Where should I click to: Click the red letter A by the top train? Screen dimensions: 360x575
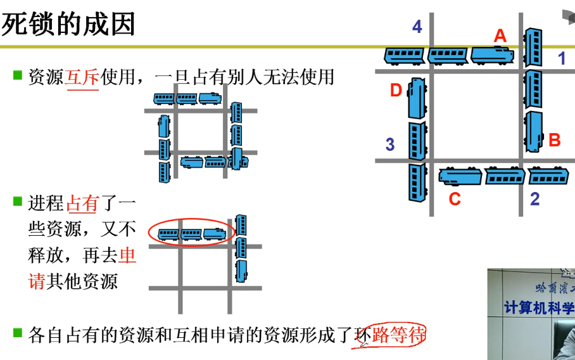pyautogui.click(x=500, y=37)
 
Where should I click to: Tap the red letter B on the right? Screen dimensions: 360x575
pyautogui.click(x=555, y=140)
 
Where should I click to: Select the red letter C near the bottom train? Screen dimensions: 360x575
pyautogui.click(x=455, y=199)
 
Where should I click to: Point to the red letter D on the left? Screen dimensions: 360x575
pyautogui.click(x=396, y=91)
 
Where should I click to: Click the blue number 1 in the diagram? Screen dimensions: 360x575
pyautogui.click(x=561, y=59)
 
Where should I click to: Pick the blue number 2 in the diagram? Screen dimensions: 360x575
pyautogui.click(x=535, y=199)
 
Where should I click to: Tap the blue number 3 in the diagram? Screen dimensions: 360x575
pyautogui.click(x=390, y=145)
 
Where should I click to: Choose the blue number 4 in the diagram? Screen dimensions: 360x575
pyautogui.click(x=417, y=27)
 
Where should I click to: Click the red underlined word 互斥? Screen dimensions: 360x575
pyautogui.click(x=82, y=78)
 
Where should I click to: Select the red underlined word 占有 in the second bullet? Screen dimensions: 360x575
pyautogui.click(x=82, y=204)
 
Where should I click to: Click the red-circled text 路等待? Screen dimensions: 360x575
pyautogui.click(x=398, y=335)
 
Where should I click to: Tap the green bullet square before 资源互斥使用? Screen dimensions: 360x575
pyautogui.click(x=18, y=75)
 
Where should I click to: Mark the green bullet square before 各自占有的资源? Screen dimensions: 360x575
pyautogui.click(x=18, y=332)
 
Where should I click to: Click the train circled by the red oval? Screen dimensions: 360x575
pyautogui.click(x=192, y=234)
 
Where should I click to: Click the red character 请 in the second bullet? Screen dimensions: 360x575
pyautogui.click(x=37, y=281)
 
